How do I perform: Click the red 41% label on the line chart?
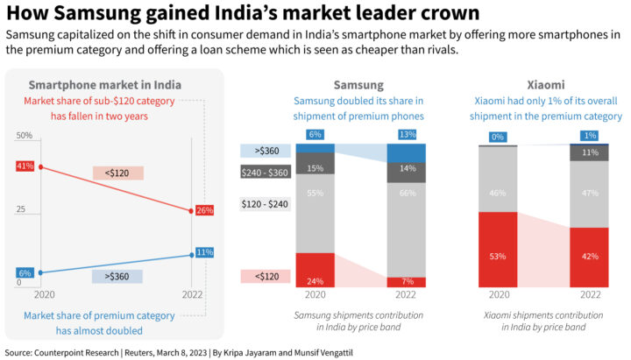coord(25,166)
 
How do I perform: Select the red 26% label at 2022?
coord(205,210)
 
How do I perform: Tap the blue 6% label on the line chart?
coord(25,273)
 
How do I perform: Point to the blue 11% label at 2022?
coord(205,252)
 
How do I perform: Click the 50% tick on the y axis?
coord(24,136)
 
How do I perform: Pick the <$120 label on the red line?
coord(117,173)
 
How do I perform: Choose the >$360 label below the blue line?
coord(117,276)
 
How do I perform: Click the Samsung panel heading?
coord(358,85)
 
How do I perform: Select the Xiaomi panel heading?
coord(545,85)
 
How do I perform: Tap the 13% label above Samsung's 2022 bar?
coord(407,134)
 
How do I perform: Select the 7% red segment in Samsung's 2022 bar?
coord(407,282)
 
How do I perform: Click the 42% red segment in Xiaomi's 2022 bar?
coord(590,257)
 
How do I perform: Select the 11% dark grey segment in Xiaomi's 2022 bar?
coord(590,152)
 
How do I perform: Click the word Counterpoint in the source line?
coord(72,350)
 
